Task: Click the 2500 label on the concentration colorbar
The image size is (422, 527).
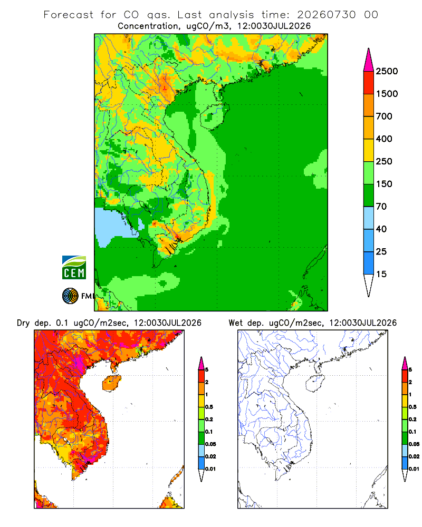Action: click(x=387, y=71)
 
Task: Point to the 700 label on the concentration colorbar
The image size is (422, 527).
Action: click(x=384, y=116)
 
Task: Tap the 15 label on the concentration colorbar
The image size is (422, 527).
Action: click(x=381, y=274)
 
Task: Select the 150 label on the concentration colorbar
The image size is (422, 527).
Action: click(x=384, y=184)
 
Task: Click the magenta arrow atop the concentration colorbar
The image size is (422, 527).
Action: click(x=369, y=61)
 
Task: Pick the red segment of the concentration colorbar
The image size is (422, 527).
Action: click(x=369, y=82)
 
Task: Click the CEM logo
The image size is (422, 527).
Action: click(x=74, y=268)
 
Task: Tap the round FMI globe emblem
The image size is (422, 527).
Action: click(x=70, y=296)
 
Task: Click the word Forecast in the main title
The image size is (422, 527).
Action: click(x=69, y=15)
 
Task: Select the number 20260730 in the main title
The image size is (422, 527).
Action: click(x=326, y=15)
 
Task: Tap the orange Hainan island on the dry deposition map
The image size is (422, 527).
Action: click(x=112, y=383)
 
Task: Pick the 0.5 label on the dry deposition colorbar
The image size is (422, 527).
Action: click(x=209, y=407)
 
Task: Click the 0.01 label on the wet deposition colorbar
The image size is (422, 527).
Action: click(x=414, y=469)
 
